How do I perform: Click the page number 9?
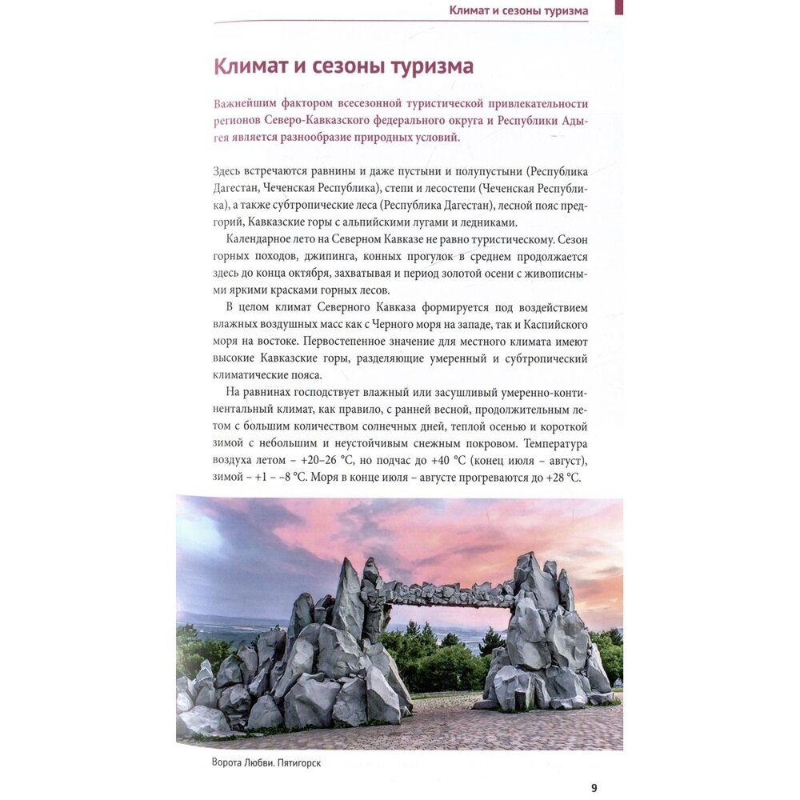click(594, 787)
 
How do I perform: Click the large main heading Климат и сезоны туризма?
click(343, 66)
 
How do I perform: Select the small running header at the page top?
click(518, 10)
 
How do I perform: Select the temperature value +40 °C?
click(450, 461)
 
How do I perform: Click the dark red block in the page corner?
click(618, 6)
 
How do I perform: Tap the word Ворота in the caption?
click(210, 762)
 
